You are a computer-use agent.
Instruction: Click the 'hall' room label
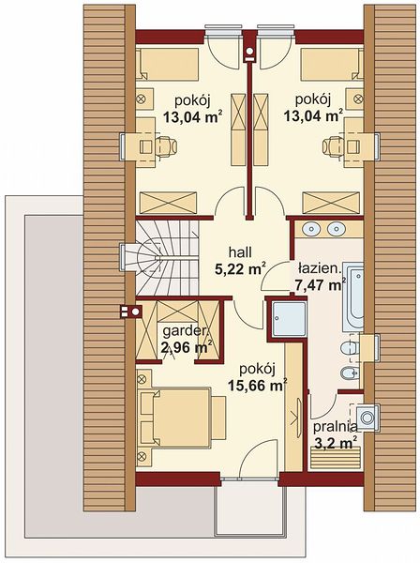pyautogui.click(x=241, y=252)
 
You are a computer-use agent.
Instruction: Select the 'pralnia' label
pyautogui.click(x=336, y=428)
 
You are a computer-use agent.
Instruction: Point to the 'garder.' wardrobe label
pyautogui.click(x=186, y=331)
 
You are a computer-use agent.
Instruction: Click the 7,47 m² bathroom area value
pyautogui.click(x=321, y=285)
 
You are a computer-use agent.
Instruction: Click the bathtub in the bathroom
pyautogui.click(x=352, y=297)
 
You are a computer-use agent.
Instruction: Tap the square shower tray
pyautogui.click(x=289, y=319)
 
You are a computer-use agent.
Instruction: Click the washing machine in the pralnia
pyautogui.click(x=367, y=418)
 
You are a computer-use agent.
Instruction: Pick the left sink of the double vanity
pyautogui.click(x=311, y=229)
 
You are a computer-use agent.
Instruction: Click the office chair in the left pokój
pyautogui.click(x=166, y=146)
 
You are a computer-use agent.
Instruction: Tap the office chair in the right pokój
pyautogui.click(x=333, y=146)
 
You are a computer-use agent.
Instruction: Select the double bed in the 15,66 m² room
pyautogui.click(x=175, y=418)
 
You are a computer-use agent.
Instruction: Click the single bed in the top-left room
pyautogui.click(x=168, y=64)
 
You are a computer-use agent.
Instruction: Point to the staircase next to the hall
pyautogui.click(x=167, y=258)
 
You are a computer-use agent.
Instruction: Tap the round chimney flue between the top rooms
pyautogui.click(x=249, y=52)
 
